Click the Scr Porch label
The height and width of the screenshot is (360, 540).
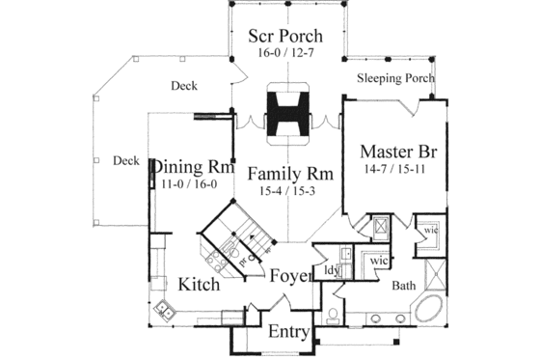coord(286,35)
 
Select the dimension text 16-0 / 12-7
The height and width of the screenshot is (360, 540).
coord(286,54)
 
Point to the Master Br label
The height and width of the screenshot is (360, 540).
coord(393,152)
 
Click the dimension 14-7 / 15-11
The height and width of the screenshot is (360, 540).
coord(392,171)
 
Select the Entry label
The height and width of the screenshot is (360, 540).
coord(289,333)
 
